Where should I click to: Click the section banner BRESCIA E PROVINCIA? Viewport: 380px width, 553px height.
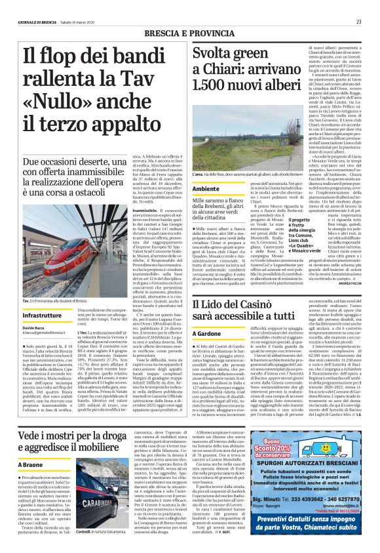(x=189, y=32)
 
